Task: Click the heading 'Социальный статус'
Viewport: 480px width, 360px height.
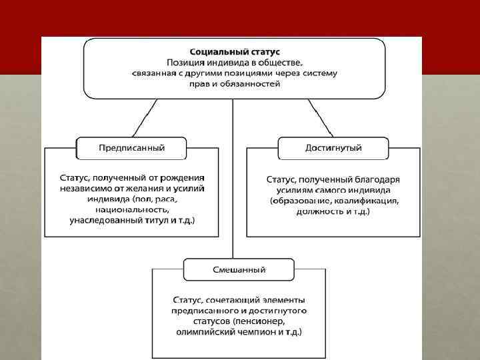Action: pos(235,51)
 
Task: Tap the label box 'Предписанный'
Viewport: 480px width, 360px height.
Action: pos(131,147)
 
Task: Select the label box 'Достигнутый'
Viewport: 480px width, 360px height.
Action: pos(333,147)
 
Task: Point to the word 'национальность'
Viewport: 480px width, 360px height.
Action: pos(131,209)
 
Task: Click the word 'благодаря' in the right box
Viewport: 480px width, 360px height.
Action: pos(378,179)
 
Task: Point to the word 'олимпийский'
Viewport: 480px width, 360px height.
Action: pos(205,332)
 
